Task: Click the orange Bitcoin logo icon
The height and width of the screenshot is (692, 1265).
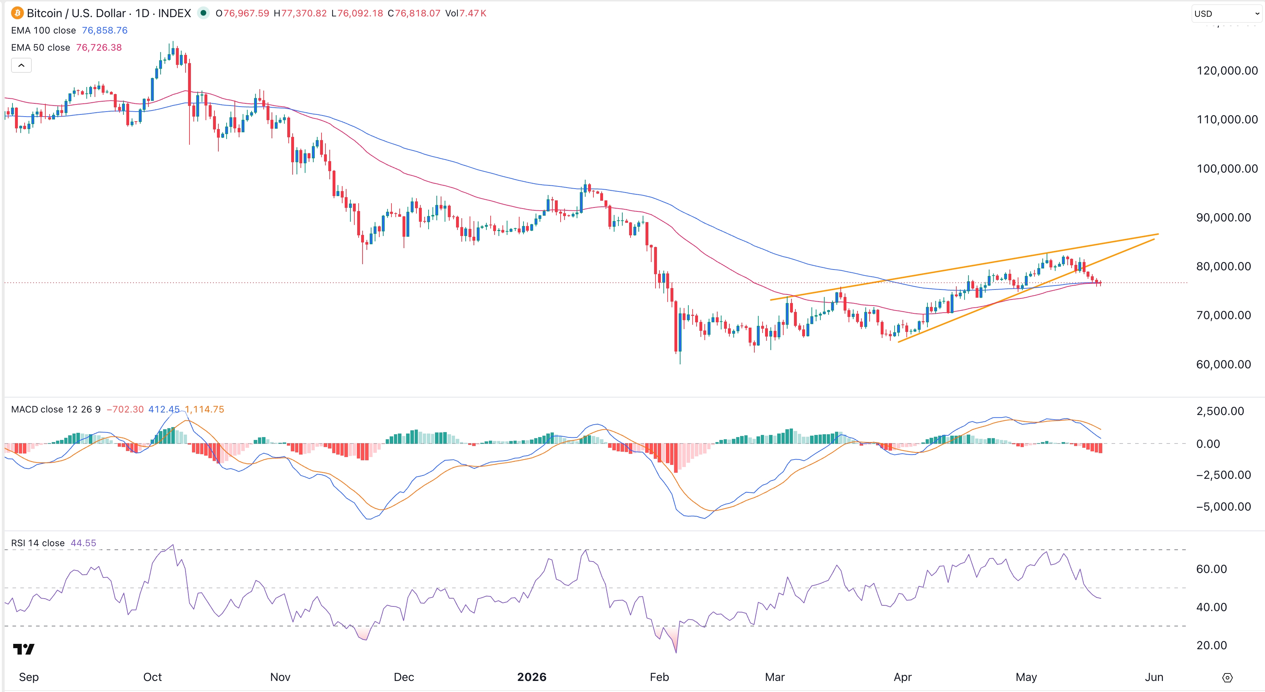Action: click(17, 13)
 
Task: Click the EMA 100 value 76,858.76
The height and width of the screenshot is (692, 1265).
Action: click(105, 30)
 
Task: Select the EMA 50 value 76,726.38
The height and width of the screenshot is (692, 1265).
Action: click(99, 48)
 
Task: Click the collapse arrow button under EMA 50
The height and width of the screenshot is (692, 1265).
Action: click(21, 65)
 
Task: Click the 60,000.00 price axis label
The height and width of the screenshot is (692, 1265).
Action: click(1223, 364)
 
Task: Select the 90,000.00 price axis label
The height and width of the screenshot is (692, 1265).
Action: click(1223, 217)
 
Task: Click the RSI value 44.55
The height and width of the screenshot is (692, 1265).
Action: click(84, 543)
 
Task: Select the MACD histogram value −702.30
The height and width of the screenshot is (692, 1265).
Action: click(125, 409)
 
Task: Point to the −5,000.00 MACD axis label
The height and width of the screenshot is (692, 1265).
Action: click(1223, 507)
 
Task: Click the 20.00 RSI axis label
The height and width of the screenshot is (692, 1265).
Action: click(1211, 645)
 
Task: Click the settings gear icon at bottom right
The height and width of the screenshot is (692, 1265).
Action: click(1227, 678)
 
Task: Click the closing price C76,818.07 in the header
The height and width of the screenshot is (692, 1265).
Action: click(414, 13)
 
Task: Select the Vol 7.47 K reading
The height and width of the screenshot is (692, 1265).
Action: click(466, 13)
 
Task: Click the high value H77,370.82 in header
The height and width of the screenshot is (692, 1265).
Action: click(300, 13)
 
